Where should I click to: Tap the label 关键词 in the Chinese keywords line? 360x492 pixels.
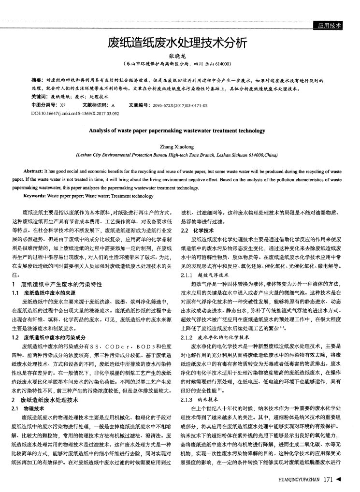(x=40, y=96)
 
